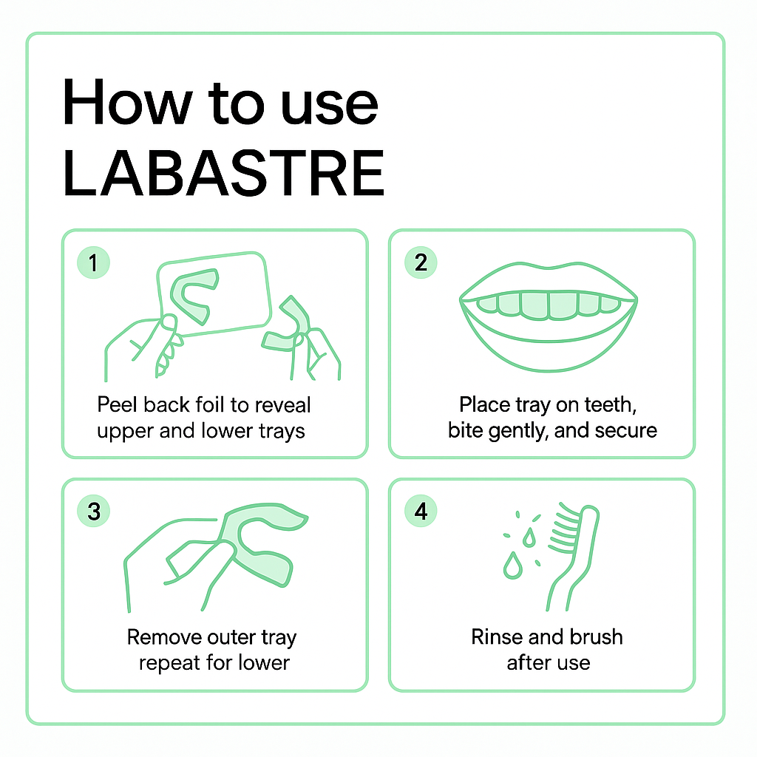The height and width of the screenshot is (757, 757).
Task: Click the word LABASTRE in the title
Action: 223,173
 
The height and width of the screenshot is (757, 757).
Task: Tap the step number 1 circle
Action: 94,262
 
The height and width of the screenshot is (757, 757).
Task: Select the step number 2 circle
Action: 421,262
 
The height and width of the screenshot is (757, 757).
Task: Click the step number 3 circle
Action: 94,511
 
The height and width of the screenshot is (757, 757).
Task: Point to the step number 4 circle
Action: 421,511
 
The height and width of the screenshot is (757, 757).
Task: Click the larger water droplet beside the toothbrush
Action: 513,566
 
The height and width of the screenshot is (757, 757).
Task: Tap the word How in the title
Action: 127,103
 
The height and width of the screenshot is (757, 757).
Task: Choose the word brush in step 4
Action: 597,637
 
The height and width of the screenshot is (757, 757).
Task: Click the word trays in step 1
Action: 280,431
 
